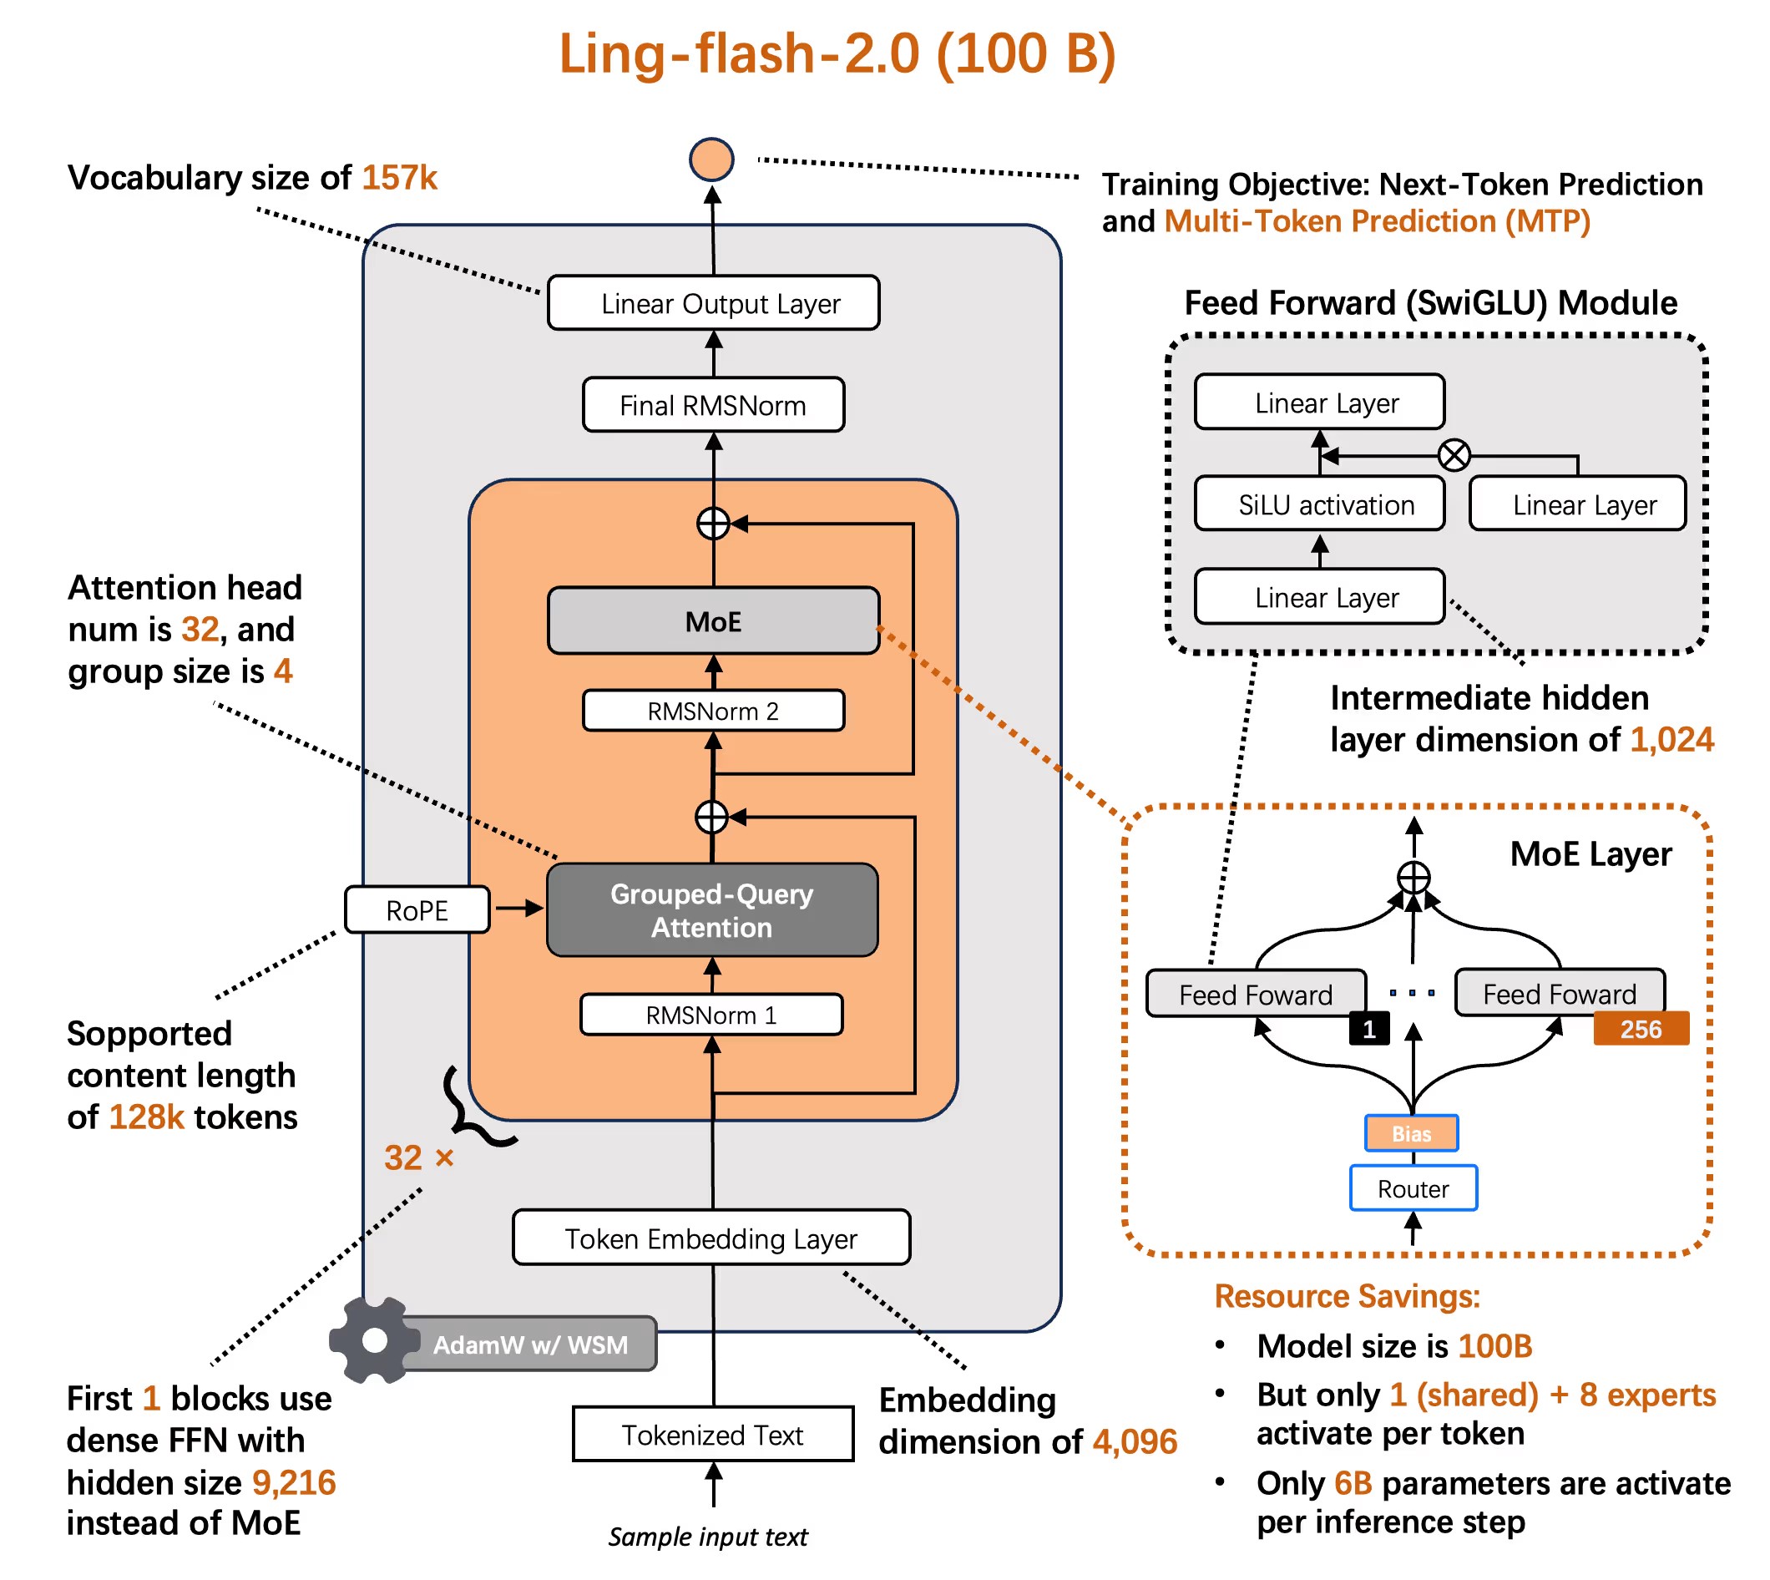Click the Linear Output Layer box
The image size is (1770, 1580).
click(x=713, y=303)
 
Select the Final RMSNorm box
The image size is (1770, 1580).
click(x=713, y=404)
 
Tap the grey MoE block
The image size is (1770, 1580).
click(x=713, y=620)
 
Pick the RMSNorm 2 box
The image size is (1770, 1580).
click(x=713, y=711)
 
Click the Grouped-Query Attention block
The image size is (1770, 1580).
click(x=712, y=909)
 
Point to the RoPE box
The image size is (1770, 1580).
click(x=417, y=909)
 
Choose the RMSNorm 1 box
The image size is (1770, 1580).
click(x=711, y=1015)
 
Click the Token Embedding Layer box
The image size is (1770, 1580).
click(x=711, y=1238)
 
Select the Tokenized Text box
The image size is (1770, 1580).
click(x=713, y=1434)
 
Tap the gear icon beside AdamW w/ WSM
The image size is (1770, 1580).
click(x=373, y=1340)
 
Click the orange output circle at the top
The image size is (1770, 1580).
click(x=711, y=160)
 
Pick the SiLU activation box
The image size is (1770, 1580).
click(x=1319, y=504)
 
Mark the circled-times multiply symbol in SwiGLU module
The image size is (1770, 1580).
click(x=1454, y=455)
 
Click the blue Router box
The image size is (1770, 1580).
click(x=1413, y=1188)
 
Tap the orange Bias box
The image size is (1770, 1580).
click(x=1412, y=1134)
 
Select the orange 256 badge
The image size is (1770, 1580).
click(x=1641, y=1029)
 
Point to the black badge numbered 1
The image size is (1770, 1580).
click(x=1369, y=1030)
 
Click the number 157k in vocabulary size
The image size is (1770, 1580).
click(x=399, y=178)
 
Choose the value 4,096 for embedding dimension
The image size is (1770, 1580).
click(x=1135, y=1442)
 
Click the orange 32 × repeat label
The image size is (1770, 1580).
click(x=418, y=1157)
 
